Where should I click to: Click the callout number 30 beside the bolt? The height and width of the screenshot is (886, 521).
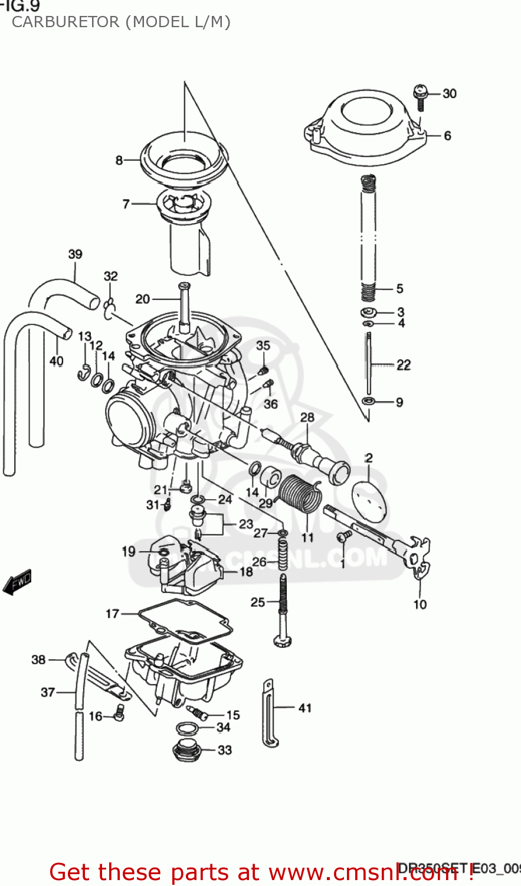click(449, 93)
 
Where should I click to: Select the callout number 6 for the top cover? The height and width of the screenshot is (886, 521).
click(447, 136)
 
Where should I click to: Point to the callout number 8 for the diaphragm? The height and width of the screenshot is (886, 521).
click(119, 160)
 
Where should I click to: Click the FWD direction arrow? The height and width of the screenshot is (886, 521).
click(17, 581)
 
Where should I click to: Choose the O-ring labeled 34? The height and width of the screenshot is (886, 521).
click(188, 728)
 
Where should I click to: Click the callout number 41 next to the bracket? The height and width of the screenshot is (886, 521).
click(304, 708)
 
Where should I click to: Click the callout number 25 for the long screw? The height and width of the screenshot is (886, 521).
click(258, 602)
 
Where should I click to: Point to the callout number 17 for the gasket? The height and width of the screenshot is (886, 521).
click(112, 614)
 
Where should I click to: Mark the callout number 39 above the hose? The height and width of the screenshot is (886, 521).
click(75, 255)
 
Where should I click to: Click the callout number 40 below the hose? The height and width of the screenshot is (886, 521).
click(56, 360)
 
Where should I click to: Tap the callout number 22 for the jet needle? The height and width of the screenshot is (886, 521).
click(403, 365)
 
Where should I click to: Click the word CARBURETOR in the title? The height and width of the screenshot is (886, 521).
click(65, 22)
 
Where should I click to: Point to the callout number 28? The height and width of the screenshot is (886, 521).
click(307, 417)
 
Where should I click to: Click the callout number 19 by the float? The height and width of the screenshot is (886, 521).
click(129, 551)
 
